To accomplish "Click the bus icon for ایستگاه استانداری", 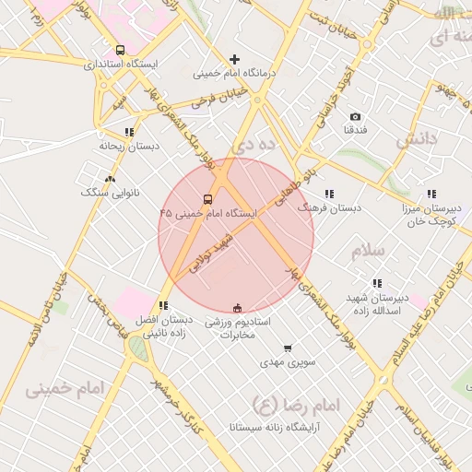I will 120,50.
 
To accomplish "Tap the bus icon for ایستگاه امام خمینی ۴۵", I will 206,199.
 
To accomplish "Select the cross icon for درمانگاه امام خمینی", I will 235,59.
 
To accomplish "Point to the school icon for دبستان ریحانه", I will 129,132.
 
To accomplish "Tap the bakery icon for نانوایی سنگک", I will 111,179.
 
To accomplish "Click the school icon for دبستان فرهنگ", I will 329,194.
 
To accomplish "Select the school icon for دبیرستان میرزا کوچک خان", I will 431,194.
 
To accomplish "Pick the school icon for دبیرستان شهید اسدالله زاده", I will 376,284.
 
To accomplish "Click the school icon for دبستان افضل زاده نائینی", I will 163,305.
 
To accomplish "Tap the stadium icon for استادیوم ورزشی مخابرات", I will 238,308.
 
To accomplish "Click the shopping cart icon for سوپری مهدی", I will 288,348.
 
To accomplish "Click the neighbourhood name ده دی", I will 254,145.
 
